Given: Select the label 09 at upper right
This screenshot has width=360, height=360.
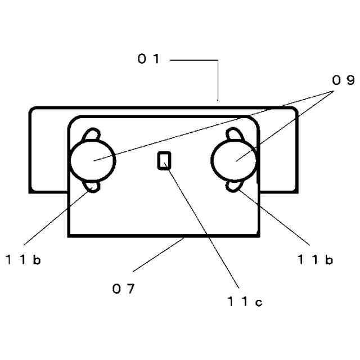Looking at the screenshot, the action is pyautogui.click(x=343, y=80).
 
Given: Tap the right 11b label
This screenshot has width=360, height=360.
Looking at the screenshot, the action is pyautogui.click(x=316, y=259).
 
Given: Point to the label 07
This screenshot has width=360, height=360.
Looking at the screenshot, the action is pyautogui.click(x=123, y=289).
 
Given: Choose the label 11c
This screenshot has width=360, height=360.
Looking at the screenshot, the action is pyautogui.click(x=245, y=302).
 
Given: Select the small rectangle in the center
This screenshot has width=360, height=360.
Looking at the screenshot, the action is pyautogui.click(x=164, y=161).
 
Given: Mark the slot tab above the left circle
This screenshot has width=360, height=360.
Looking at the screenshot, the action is pyautogui.click(x=92, y=135).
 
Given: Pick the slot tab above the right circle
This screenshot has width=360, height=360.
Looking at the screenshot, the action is pyautogui.click(x=234, y=135).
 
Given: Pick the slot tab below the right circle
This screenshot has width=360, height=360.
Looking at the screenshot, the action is pyautogui.click(x=234, y=187).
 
